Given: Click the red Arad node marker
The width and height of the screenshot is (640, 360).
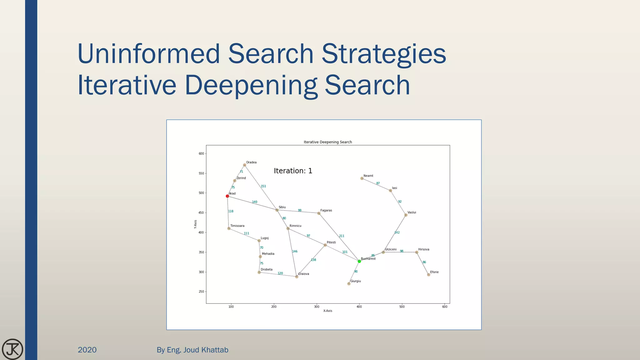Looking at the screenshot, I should [227, 196].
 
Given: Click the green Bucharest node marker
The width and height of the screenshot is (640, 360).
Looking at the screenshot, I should [359, 261].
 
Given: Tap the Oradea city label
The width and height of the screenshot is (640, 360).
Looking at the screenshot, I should [251, 162].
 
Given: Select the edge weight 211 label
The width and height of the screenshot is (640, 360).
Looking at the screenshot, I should [342, 236].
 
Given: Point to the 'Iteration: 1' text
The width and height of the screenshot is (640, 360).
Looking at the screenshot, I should [293, 171].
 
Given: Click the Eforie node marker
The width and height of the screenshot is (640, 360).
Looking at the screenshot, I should [428, 275].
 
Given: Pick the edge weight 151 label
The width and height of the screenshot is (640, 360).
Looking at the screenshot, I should [263, 186].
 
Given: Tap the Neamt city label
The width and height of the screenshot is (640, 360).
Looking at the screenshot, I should [368, 176].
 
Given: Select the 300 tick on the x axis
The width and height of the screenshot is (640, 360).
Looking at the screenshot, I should [317, 307].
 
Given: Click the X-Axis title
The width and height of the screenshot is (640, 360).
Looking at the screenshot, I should [327, 311].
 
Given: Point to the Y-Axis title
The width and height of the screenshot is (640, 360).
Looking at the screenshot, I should [196, 224].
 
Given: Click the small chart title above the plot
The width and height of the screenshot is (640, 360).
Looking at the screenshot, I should [327, 142].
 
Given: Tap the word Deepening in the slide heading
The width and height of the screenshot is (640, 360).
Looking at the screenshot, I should [251, 85].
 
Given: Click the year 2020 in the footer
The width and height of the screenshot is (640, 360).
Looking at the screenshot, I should [87, 350].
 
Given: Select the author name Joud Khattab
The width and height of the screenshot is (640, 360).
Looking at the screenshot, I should [206, 350].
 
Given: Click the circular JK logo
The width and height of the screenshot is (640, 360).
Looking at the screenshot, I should [12, 349].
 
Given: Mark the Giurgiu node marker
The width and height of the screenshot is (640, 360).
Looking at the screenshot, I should [349, 284].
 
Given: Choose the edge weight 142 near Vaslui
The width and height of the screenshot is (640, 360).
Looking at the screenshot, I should [397, 232].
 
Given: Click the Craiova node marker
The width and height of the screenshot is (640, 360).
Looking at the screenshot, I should [297, 277].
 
